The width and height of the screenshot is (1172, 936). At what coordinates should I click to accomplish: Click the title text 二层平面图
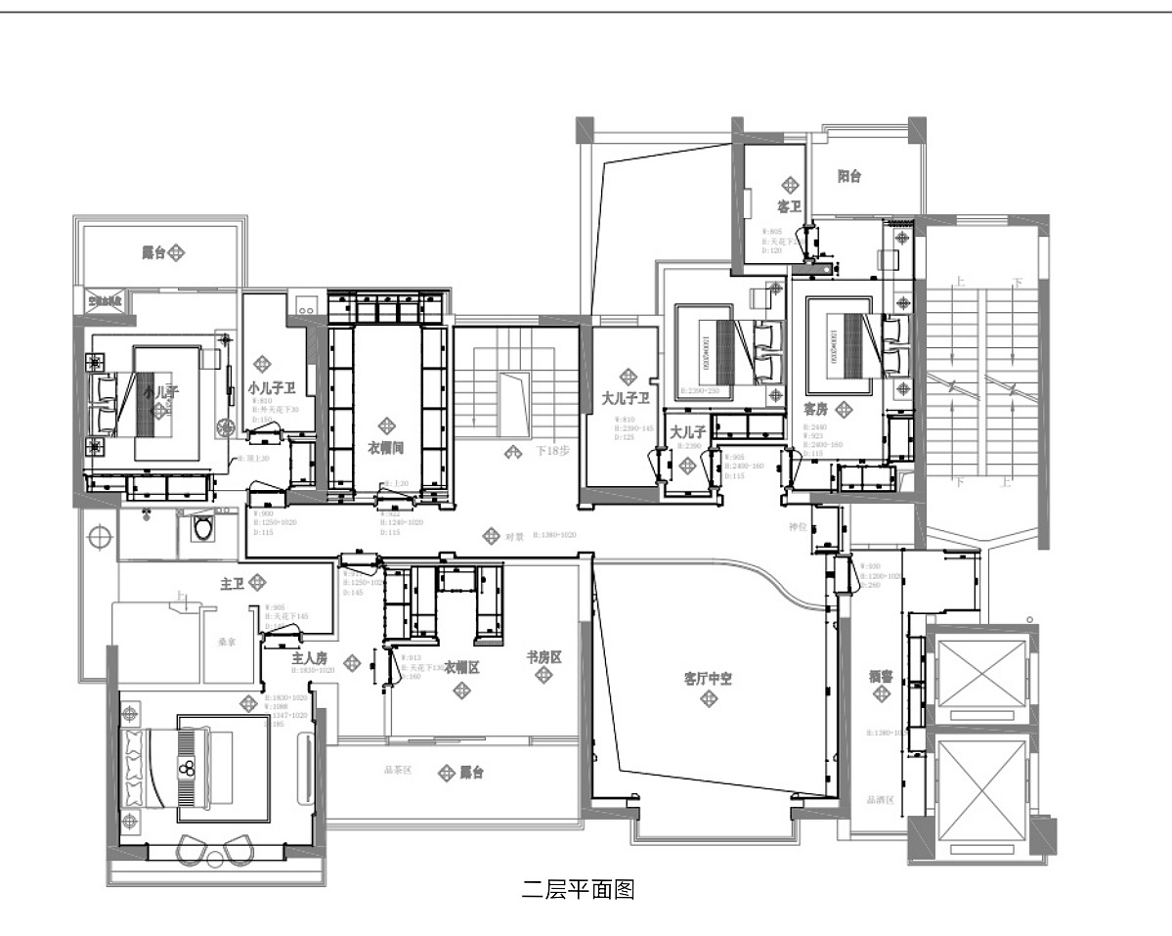(x=579, y=889)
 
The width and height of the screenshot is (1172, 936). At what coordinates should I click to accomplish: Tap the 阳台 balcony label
(x=849, y=177)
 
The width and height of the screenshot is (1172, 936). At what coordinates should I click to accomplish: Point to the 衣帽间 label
(x=386, y=447)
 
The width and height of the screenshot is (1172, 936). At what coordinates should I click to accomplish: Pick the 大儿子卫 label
(x=627, y=398)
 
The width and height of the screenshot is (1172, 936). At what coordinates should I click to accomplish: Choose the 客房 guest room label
(x=816, y=407)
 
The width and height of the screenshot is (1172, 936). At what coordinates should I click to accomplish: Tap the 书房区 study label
(x=543, y=657)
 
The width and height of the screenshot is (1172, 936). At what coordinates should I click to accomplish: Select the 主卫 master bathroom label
(x=233, y=584)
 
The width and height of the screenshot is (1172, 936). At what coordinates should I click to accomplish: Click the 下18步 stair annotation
(x=552, y=452)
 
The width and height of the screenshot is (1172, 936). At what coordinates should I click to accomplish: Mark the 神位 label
(x=799, y=527)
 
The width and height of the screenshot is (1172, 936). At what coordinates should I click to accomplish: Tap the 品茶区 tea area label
(x=398, y=771)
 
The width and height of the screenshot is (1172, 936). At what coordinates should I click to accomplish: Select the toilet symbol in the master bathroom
(x=203, y=529)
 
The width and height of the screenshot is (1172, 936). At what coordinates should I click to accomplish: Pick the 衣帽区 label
(x=461, y=668)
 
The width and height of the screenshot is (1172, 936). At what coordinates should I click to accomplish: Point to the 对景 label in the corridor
(x=515, y=537)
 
